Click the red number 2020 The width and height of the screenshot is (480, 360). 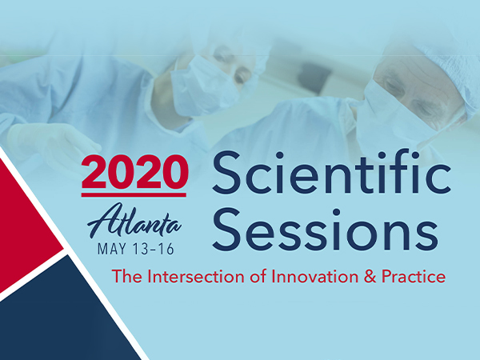(x=134, y=172)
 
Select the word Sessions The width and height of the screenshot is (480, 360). (x=325, y=230)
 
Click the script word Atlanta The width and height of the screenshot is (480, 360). (x=134, y=221)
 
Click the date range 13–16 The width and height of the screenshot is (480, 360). (x=154, y=249)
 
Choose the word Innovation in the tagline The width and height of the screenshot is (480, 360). (x=315, y=277)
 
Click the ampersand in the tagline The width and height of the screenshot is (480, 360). (x=370, y=277)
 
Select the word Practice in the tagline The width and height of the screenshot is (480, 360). (x=414, y=277)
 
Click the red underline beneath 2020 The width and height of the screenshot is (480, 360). (x=134, y=195)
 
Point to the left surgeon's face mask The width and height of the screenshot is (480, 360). (x=202, y=87)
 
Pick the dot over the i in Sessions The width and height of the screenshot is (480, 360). (x=337, y=212)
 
